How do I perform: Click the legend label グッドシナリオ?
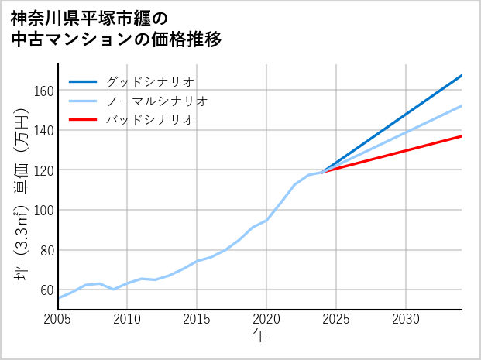(150, 81)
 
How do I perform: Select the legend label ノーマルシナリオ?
(157, 101)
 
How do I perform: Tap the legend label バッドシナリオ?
(150, 120)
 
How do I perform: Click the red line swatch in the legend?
(84, 120)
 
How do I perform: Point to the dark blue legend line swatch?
(84, 81)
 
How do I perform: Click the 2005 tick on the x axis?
(58, 319)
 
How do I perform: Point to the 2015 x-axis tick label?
(197, 319)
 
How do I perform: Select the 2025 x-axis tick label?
(336, 319)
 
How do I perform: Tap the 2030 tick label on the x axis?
(406, 319)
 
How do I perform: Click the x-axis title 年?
(260, 336)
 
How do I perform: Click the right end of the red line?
(462, 136)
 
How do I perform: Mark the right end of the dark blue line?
(462, 75)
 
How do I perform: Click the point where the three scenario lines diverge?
(322, 172)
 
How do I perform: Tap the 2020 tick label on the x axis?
(266, 319)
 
